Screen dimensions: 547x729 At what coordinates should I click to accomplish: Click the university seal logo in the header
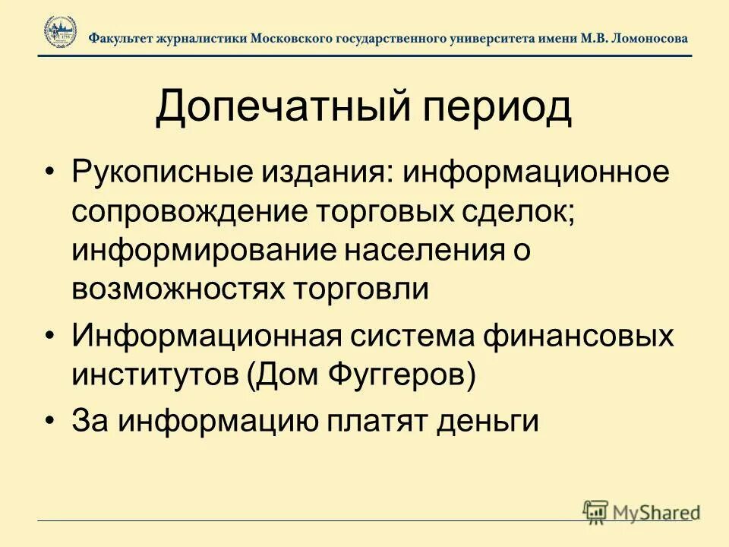pos(60,33)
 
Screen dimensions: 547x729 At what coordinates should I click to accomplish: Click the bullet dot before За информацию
pos(50,420)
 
